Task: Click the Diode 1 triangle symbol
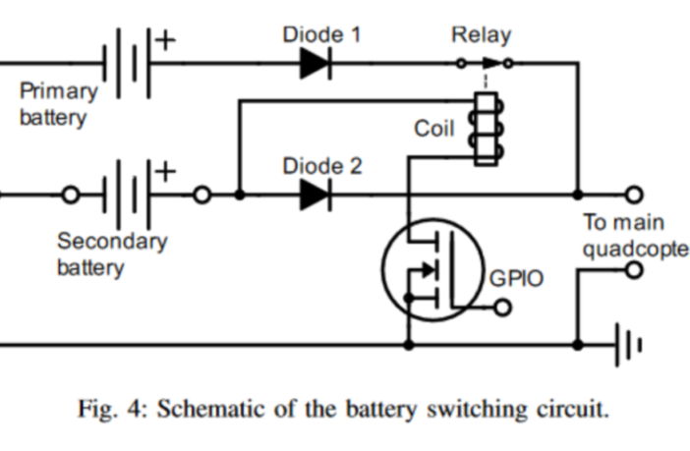[316, 65]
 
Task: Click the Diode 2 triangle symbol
[316, 195]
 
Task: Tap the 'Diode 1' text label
[321, 34]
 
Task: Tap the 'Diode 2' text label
[321, 165]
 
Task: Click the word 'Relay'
[481, 35]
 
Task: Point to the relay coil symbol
[484, 129]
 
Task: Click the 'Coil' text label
[433, 129]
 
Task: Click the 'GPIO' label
[516, 279]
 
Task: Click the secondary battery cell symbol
[126, 195]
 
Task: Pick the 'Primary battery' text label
[58, 104]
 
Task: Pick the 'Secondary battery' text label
[111, 254]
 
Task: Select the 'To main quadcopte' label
[635, 235]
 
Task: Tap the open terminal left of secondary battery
[70, 195]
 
